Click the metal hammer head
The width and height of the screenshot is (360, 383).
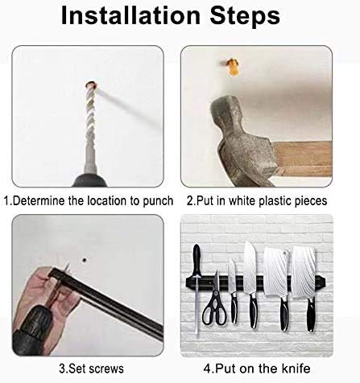tap(238, 133)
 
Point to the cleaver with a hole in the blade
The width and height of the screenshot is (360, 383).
tap(275, 270)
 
